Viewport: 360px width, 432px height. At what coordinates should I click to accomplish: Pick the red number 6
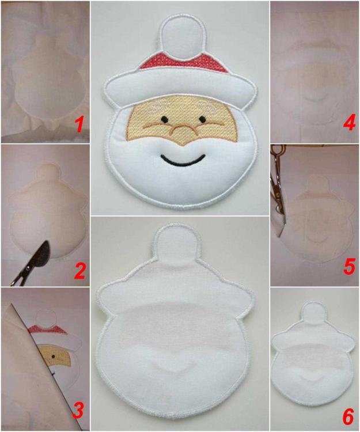pyautogui.click(x=348, y=412)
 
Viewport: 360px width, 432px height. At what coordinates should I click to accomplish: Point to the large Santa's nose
pyautogui.click(x=183, y=128)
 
